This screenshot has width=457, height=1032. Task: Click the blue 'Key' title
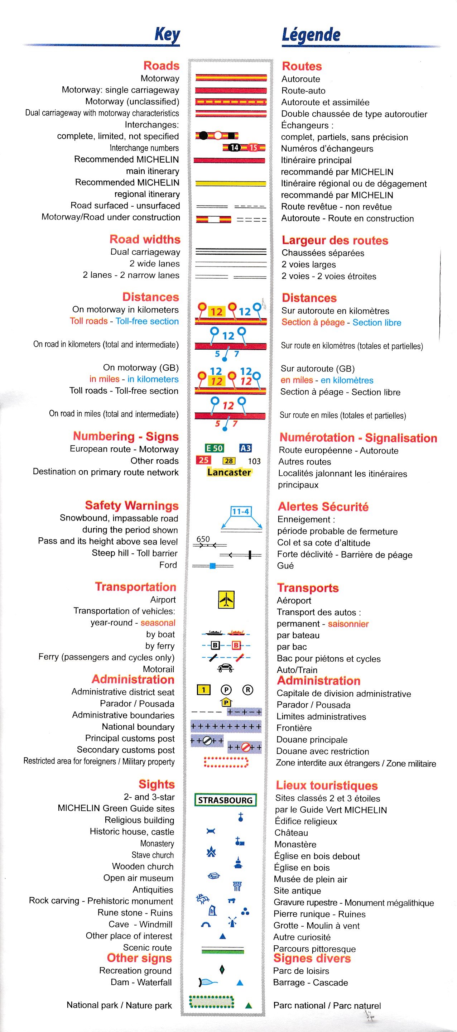167,35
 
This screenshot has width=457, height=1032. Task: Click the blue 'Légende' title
311,35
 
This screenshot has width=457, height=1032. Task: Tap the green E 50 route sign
214,448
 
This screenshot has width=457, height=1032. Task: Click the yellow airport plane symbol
226,599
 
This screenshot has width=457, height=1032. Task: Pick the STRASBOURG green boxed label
225,800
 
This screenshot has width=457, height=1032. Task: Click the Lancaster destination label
229,472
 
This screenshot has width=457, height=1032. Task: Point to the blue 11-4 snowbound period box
241,511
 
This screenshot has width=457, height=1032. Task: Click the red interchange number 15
253,148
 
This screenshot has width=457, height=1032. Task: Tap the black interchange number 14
234,148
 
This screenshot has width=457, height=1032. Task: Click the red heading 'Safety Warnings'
131,505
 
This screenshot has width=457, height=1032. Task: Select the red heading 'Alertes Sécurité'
323,507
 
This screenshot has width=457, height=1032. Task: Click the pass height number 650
203,539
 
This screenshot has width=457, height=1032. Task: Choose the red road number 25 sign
203,460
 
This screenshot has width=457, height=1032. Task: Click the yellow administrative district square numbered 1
204,690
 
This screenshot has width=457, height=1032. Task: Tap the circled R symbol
247,690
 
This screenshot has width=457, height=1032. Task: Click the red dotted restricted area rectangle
226,762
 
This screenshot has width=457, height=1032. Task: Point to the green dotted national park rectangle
211,1002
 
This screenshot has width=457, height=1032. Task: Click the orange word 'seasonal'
158,623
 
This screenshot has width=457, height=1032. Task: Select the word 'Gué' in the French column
285,566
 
